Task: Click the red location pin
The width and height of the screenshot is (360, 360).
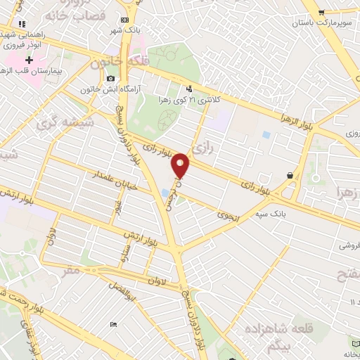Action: coord(181,165)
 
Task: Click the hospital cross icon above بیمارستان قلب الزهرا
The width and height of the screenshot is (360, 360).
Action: coord(29,60)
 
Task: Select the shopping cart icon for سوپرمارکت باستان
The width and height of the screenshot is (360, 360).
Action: coord(321,12)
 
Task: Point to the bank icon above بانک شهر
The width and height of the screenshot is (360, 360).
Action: coord(124,20)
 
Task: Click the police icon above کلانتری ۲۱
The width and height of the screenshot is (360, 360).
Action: coord(188,89)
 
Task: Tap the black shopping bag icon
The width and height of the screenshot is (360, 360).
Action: coord(290,175)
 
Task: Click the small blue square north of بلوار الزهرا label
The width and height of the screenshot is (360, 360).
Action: coord(265,134)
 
